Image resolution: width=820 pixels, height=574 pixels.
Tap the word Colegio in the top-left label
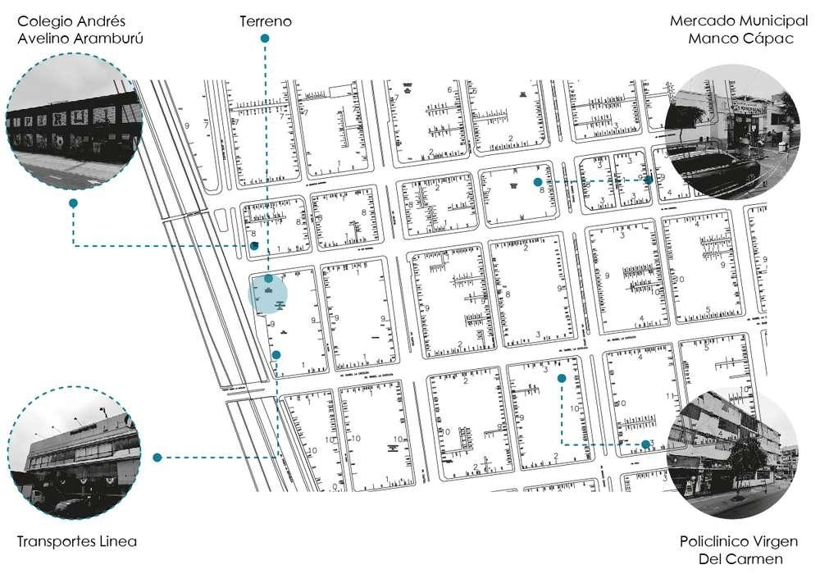(47, 20)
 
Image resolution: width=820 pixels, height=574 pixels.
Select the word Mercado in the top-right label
(702, 20)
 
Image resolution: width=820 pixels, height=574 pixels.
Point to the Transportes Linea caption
(76, 542)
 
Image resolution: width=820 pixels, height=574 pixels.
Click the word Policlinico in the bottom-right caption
(717, 542)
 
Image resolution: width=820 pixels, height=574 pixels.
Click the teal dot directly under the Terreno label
(265, 39)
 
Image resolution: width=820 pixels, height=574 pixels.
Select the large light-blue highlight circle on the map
(268, 294)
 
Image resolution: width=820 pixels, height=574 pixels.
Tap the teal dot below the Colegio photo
(73, 203)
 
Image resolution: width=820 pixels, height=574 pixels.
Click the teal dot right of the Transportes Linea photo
(157, 457)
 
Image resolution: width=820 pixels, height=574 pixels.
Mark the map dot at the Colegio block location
(254, 245)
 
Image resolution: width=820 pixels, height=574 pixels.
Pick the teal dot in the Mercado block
(537, 182)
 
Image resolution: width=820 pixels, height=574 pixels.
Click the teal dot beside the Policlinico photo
(646, 444)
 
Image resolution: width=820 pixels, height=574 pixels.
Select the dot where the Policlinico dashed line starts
(562, 378)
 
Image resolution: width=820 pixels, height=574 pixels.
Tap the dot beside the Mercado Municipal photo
(648, 180)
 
